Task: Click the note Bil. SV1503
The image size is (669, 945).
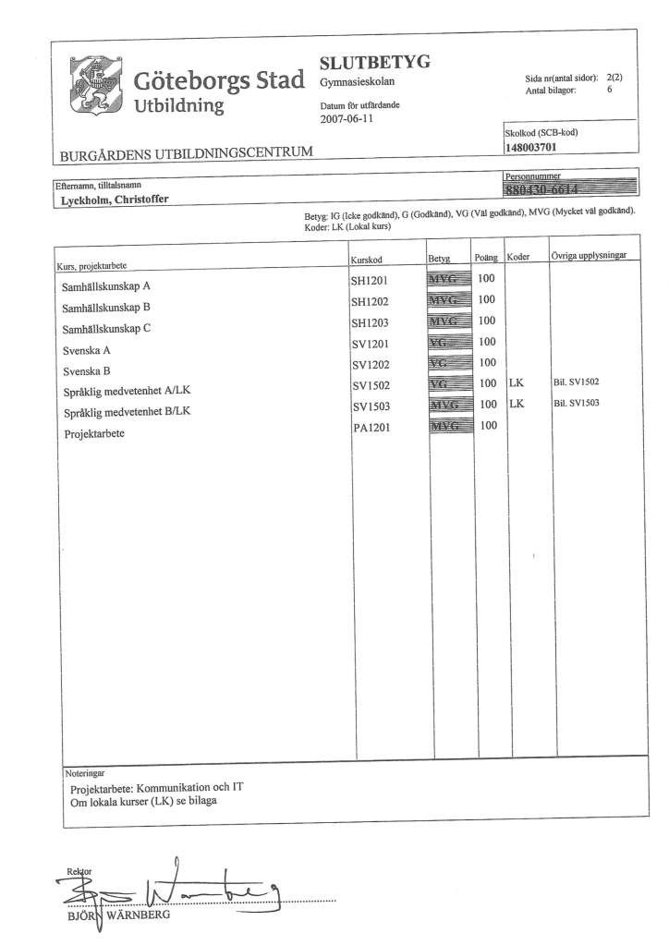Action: (578, 403)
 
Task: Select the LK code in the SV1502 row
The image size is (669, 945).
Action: (517, 382)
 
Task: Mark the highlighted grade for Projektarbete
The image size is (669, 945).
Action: (449, 426)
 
